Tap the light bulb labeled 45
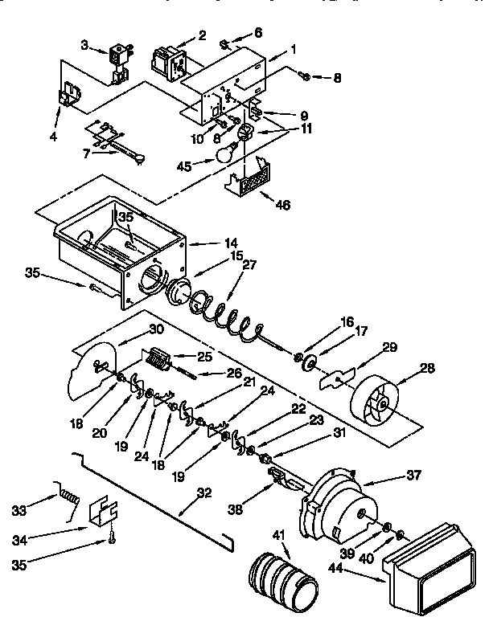pos(227,151)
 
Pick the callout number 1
pos(294,50)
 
